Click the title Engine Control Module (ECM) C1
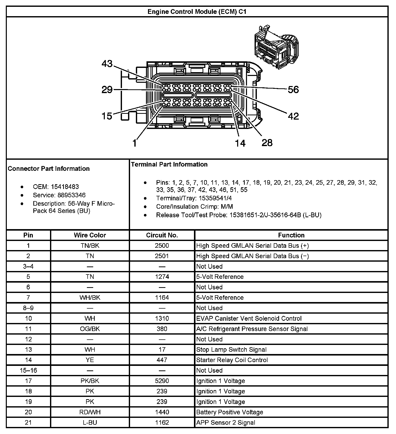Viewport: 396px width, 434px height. [x=197, y=12]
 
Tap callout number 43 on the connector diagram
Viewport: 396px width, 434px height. [x=107, y=64]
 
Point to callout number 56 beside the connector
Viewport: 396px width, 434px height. [x=293, y=90]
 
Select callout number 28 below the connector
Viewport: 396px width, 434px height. [x=267, y=143]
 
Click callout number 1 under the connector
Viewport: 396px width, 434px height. [x=135, y=143]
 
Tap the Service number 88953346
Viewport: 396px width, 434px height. [x=68, y=195]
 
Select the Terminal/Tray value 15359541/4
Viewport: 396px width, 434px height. [x=215, y=198]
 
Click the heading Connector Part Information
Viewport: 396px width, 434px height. [x=49, y=169]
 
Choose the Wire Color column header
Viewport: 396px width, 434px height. [x=90, y=235]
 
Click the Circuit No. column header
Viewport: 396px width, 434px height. [x=162, y=235]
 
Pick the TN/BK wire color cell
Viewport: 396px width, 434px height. [x=90, y=246]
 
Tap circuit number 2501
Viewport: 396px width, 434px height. [x=162, y=256]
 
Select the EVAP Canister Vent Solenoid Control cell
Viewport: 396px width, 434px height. [x=249, y=318]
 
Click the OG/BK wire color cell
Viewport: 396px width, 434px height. [x=90, y=329]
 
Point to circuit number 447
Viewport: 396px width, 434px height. [x=162, y=360]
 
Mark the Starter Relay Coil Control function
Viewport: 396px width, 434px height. [x=232, y=360]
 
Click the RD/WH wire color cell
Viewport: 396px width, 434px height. [x=90, y=412]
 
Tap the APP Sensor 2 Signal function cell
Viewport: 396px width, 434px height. [x=226, y=422]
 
